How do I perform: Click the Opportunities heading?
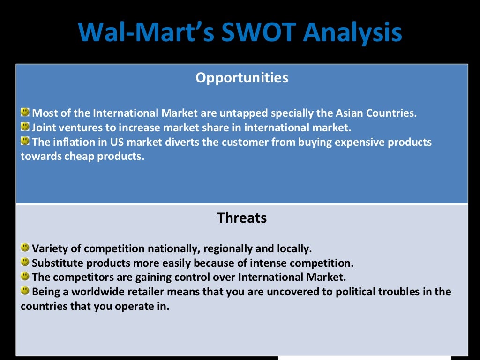[x=242, y=78]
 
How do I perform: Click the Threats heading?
[x=242, y=218]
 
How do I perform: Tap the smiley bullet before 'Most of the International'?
[x=25, y=112]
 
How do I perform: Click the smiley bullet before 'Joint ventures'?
[x=25, y=127]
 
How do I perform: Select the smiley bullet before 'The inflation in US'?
[x=25, y=141]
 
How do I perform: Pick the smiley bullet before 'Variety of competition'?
[x=25, y=247]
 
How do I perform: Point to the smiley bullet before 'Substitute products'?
[x=25, y=262]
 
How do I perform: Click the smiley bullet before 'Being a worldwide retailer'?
[x=25, y=291]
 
